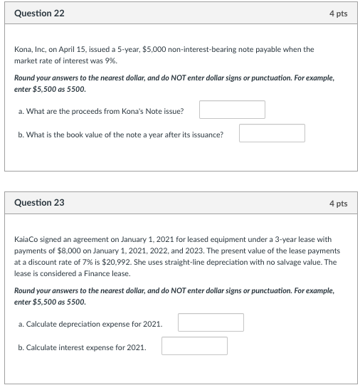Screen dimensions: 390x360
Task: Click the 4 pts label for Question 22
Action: point(338,14)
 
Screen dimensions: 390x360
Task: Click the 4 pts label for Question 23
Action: point(338,204)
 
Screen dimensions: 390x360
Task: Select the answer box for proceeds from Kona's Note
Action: point(232,110)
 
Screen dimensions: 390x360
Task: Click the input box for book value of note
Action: point(272,133)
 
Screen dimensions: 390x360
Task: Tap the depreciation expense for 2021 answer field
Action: point(211,323)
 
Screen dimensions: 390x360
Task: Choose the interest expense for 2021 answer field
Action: point(194,346)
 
